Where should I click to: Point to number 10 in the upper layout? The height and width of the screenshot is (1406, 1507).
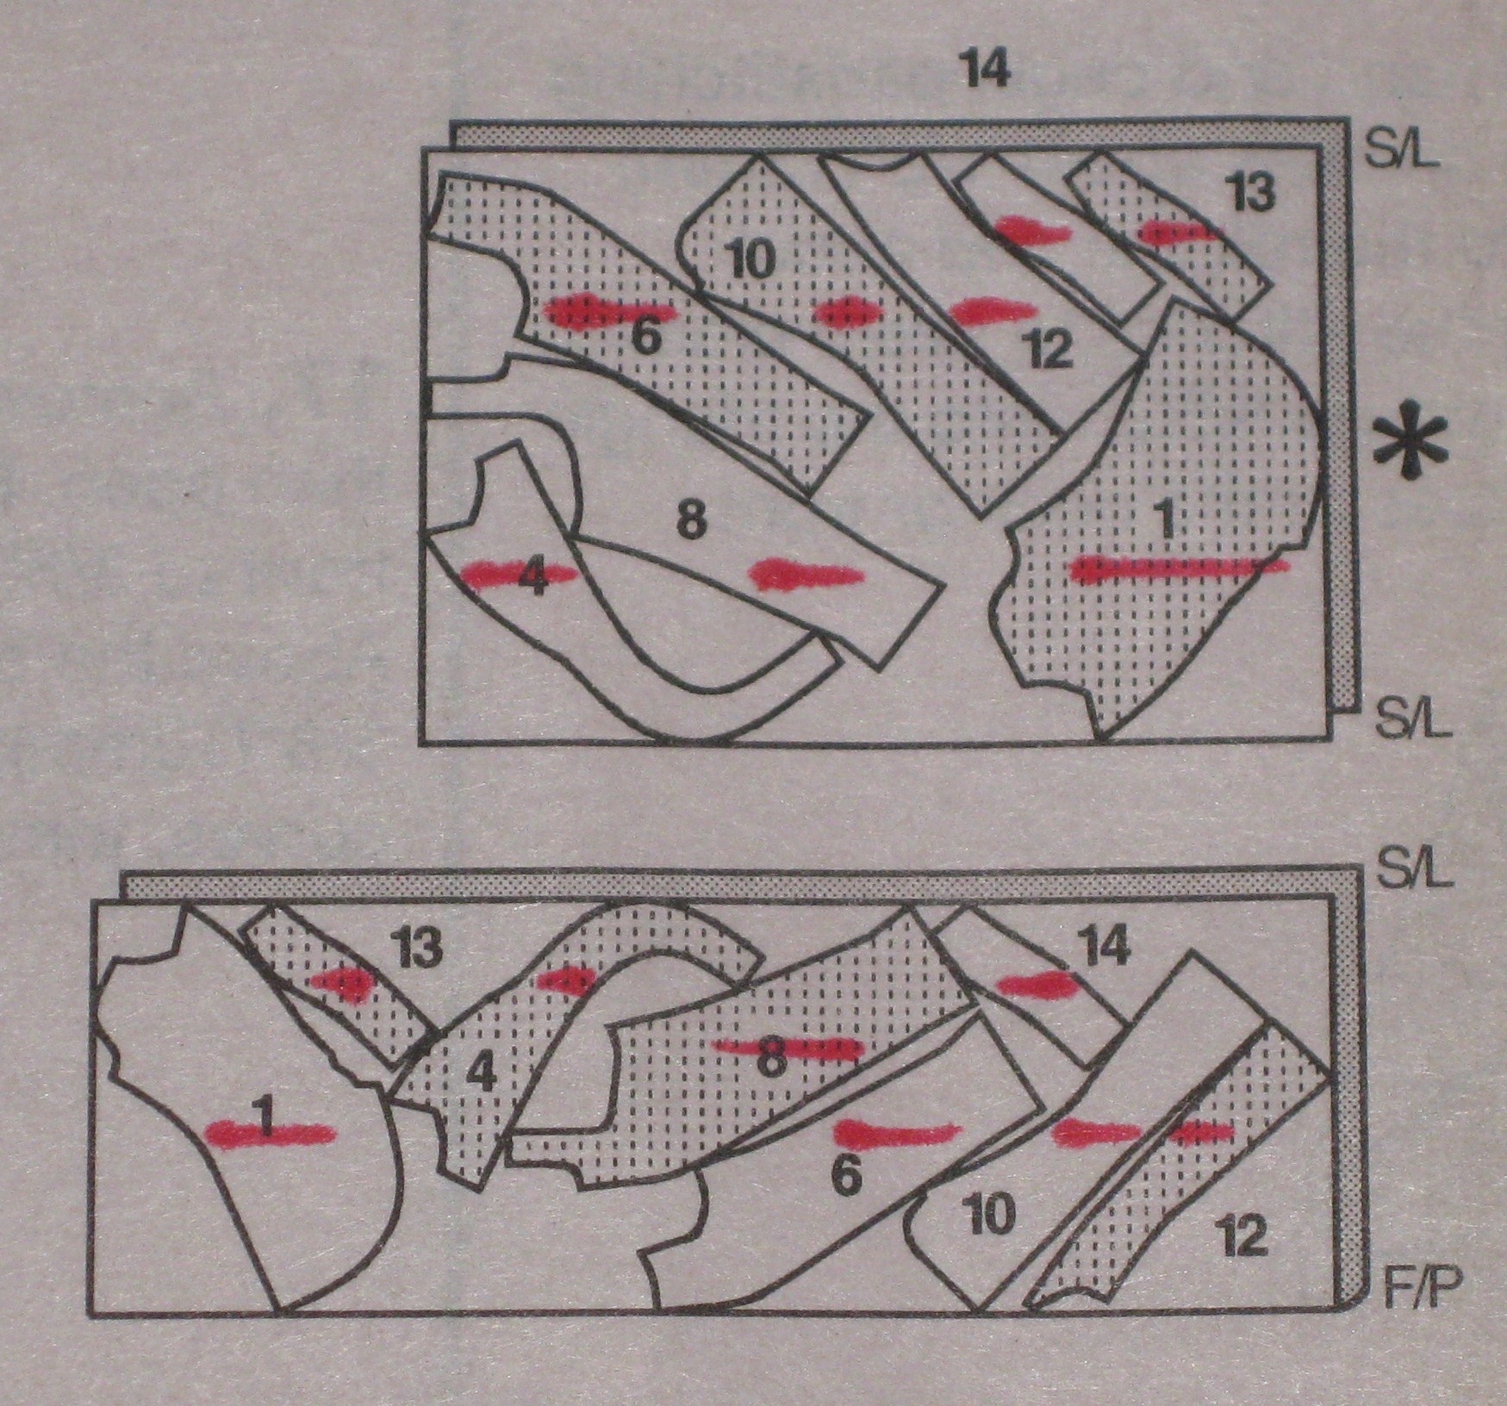(750, 258)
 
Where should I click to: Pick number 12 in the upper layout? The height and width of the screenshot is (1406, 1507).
(1049, 350)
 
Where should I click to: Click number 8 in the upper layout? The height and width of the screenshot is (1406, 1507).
(692, 520)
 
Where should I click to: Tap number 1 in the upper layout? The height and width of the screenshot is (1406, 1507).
(1166, 520)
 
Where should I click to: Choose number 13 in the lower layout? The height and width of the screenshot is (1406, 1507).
(420, 949)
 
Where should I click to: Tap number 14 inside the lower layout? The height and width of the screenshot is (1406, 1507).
(1105, 947)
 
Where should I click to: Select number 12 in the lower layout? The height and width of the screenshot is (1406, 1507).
(1243, 1238)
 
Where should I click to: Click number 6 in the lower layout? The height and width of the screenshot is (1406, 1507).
(848, 1176)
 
